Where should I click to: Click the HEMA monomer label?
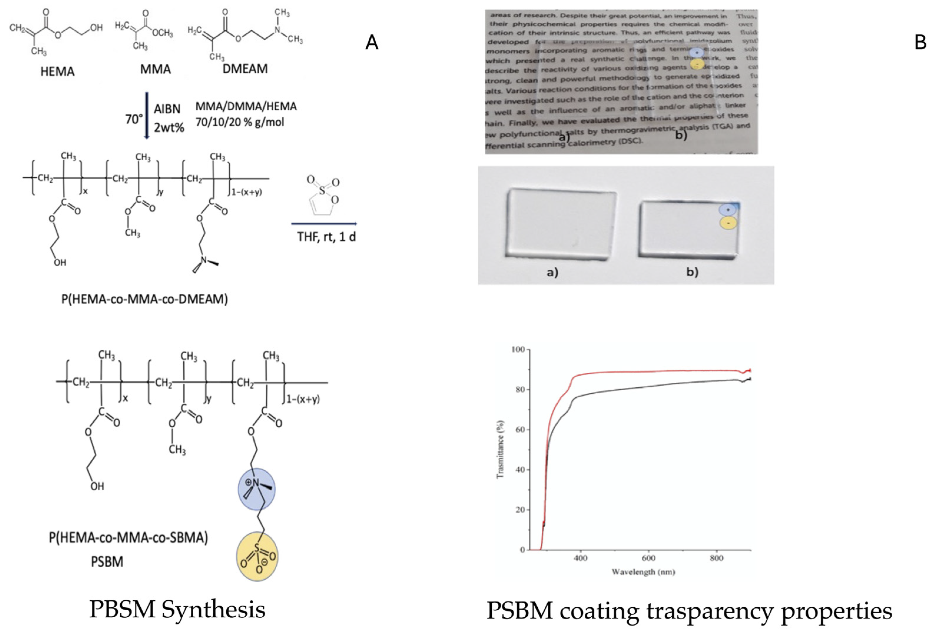[57, 72]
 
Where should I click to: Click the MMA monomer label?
[155, 69]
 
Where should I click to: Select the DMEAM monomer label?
[245, 69]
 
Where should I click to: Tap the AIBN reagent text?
[167, 109]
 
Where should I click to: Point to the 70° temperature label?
[134, 119]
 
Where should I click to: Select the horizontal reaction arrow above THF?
[324, 223]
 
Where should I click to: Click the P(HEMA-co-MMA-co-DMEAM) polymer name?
[144, 299]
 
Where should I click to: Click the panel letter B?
[920, 42]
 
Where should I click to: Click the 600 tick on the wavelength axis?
[649, 558]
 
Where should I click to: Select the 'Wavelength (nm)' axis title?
[643, 572]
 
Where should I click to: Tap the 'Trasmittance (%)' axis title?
[500, 449]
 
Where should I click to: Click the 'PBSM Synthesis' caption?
[177, 610]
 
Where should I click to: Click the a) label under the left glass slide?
[552, 273]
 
